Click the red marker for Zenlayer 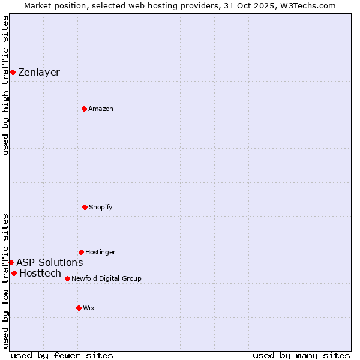coord(13,72)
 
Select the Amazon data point coord(84,109)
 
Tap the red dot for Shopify coord(85,207)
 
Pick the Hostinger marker coord(81,252)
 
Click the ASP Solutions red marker coord(11,262)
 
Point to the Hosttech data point coord(14,273)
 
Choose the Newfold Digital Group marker coord(67,278)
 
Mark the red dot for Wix coord(79,308)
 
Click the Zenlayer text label coord(39,73)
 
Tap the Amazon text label coord(101,109)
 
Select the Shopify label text coord(101,208)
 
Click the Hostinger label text coord(100,253)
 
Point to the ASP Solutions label coord(49,263)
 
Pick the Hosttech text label coord(40,274)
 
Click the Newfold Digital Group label coord(106,279)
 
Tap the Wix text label coord(89,308)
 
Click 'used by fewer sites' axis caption coord(62,355)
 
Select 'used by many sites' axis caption coord(301,355)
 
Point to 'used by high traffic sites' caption coord(6,85)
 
